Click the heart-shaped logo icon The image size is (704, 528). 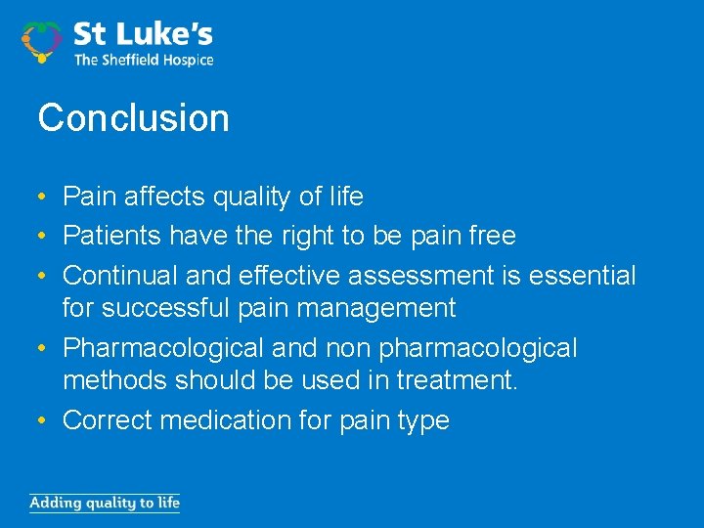pos(42,40)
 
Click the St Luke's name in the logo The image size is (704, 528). pos(143,36)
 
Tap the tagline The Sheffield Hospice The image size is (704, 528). pos(143,60)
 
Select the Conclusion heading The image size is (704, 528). pos(133,118)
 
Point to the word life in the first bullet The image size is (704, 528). pos(344,197)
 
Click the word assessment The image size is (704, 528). pos(418,276)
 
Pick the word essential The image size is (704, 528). pos(582,276)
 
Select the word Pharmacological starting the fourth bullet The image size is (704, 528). pos(164,348)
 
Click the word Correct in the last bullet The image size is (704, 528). pos(108,420)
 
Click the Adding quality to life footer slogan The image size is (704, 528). pos(105,504)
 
